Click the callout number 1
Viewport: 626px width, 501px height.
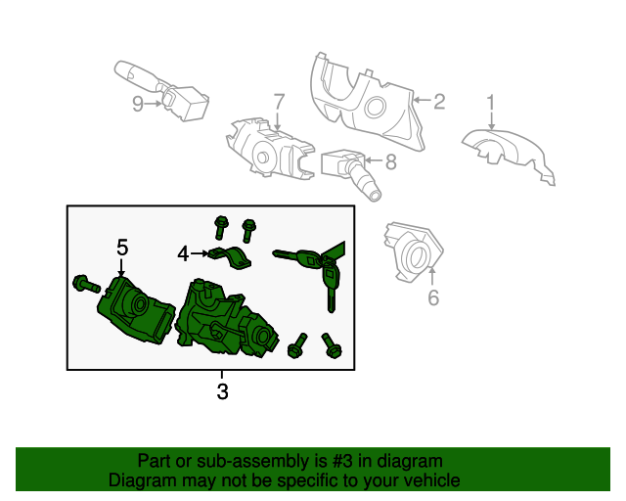pos(491,103)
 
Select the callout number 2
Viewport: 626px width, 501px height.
pos(439,102)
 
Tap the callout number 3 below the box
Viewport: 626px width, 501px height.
pos(222,391)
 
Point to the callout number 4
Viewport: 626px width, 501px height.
pos(183,253)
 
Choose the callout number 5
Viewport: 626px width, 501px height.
pos(122,248)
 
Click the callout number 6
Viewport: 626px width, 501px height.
pos(433,297)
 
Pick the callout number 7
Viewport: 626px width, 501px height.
pos(279,102)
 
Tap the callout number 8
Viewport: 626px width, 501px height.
pos(391,161)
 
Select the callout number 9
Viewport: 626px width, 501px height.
pos(138,104)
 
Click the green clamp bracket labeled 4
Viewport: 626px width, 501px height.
pos(231,257)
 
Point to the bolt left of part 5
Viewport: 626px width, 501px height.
pos(86,284)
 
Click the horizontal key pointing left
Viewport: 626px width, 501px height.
pos(296,257)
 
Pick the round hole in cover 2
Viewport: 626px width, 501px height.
pos(375,107)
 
